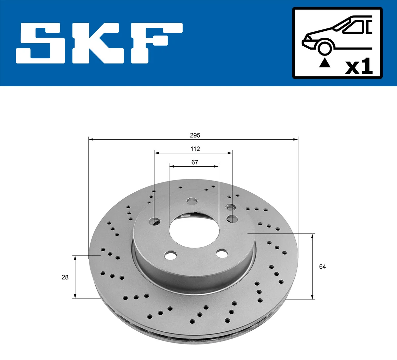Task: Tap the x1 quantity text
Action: pyautogui.click(x=359, y=67)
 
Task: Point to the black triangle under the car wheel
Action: pyautogui.click(x=325, y=63)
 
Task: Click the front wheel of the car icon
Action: pyautogui.click(x=324, y=48)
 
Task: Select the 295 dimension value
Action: pyautogui.click(x=195, y=135)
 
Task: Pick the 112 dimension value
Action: pyautogui.click(x=195, y=149)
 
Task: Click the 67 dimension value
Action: pyautogui.click(x=195, y=162)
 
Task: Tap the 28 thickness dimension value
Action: pyautogui.click(x=65, y=277)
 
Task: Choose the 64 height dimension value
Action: pyautogui.click(x=322, y=266)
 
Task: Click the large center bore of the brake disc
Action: pyautogui.click(x=194, y=231)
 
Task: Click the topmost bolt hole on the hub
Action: pyautogui.click(x=192, y=201)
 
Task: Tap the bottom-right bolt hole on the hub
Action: pyautogui.click(x=222, y=254)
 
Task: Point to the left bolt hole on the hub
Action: pyautogui.click(x=154, y=221)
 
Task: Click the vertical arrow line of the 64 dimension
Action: pyautogui.click(x=312, y=266)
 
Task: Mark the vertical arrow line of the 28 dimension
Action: pyautogui.click(x=75, y=277)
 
